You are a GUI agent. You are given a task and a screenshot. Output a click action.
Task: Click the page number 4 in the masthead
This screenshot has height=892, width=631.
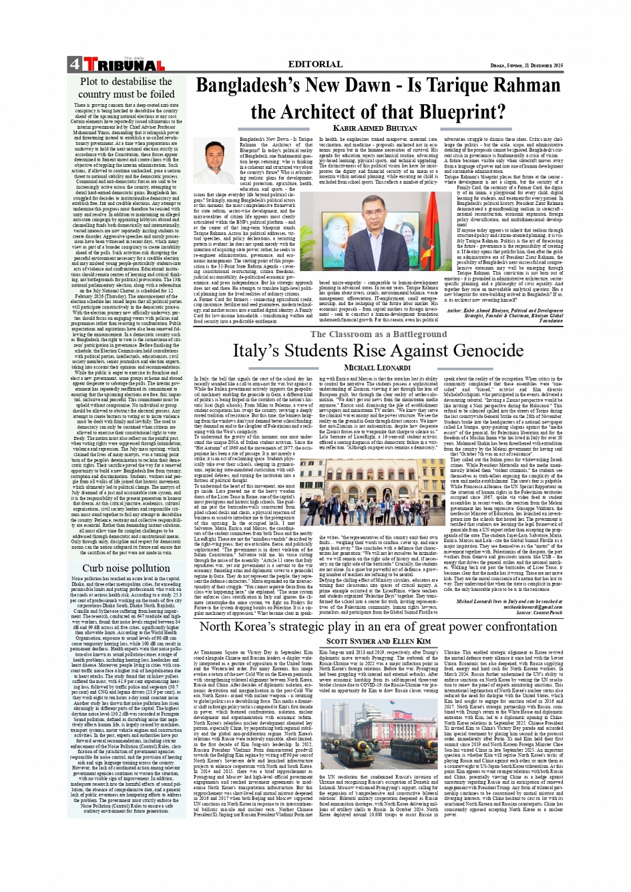pyautogui.click(x=73, y=65)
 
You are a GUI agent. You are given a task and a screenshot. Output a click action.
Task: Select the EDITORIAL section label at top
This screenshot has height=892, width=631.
pyautogui.click(x=315, y=64)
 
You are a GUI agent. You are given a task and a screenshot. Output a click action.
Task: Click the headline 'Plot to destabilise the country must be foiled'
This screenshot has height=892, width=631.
pyautogui.click(x=126, y=87)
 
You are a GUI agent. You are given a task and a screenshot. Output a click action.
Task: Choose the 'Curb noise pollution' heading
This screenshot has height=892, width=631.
pyautogui.click(x=126, y=568)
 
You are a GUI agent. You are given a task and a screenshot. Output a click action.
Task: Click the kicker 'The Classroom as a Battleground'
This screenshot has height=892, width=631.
pyautogui.click(x=378, y=334)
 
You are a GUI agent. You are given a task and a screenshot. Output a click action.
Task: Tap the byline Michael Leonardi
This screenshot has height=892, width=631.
pyautogui.click(x=378, y=368)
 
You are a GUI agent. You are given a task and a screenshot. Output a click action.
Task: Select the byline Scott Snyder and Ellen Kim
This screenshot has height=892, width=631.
pyautogui.click(x=378, y=641)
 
